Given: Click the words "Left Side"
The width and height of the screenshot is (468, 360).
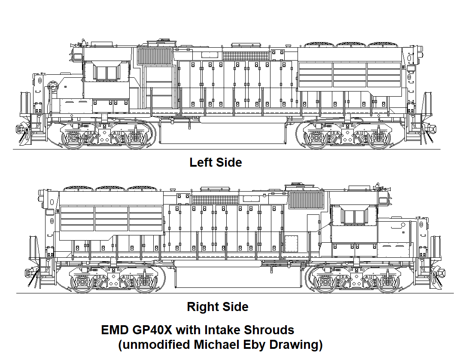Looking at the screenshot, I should tap(216, 162).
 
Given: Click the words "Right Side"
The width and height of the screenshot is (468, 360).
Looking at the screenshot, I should tap(217, 307).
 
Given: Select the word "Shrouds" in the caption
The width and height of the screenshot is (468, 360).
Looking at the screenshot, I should tap(269, 330).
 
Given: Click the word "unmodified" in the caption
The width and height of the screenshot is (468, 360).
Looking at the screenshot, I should tap(155, 345).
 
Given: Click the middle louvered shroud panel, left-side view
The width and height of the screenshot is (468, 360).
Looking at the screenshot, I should tap(349, 75).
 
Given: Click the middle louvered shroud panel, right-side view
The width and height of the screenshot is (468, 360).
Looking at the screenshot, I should tap(111, 218).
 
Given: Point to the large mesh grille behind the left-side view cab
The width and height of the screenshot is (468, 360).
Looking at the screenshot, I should tap(154, 56).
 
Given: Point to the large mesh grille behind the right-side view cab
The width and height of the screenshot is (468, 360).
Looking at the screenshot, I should tap(306, 200).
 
